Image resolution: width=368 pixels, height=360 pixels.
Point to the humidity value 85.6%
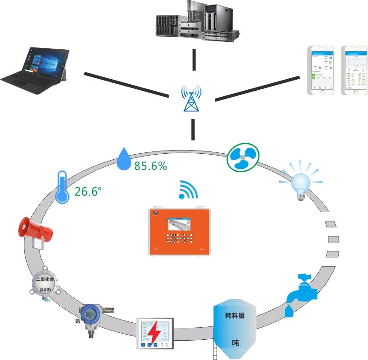coord(150,166)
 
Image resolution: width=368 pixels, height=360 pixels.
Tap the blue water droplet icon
coord(123,159)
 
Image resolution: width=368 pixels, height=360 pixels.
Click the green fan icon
coord(243,157)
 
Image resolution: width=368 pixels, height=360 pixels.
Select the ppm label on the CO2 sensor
coord(45,290)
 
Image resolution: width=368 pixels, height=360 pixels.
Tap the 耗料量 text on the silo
coord(236,316)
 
